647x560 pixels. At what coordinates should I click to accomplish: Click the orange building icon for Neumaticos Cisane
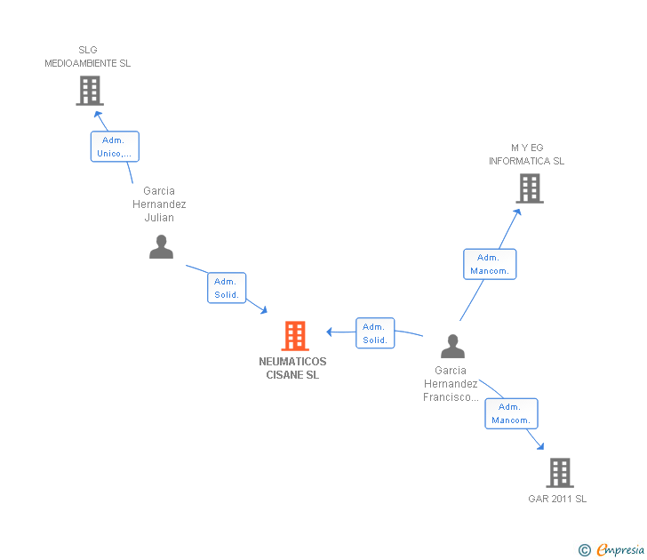click(295, 336)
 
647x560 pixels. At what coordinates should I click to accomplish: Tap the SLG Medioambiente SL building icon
click(89, 90)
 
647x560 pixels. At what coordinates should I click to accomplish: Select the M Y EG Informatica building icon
click(529, 188)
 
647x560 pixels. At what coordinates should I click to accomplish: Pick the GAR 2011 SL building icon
click(559, 472)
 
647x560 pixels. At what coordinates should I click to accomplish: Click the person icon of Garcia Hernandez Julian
click(161, 246)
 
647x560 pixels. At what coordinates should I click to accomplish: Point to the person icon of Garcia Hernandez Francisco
click(452, 346)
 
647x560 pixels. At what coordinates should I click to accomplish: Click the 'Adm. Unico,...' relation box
click(115, 147)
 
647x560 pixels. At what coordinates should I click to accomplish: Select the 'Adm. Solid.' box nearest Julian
click(227, 288)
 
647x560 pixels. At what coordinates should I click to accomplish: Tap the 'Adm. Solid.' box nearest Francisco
click(374, 333)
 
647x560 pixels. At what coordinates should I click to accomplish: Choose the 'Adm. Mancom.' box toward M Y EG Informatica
click(489, 264)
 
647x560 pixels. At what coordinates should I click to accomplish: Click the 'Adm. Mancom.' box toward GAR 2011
click(511, 413)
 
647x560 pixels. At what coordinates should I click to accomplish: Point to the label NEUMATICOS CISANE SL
click(292, 368)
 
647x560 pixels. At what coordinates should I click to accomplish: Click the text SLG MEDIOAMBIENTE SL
click(88, 57)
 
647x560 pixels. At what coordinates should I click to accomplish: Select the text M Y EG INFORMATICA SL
click(526, 155)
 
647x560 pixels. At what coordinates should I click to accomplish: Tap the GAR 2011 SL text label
click(557, 499)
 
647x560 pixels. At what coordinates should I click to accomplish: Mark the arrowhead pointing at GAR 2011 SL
click(540, 446)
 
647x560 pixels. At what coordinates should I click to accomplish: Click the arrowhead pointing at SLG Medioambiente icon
click(99, 113)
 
